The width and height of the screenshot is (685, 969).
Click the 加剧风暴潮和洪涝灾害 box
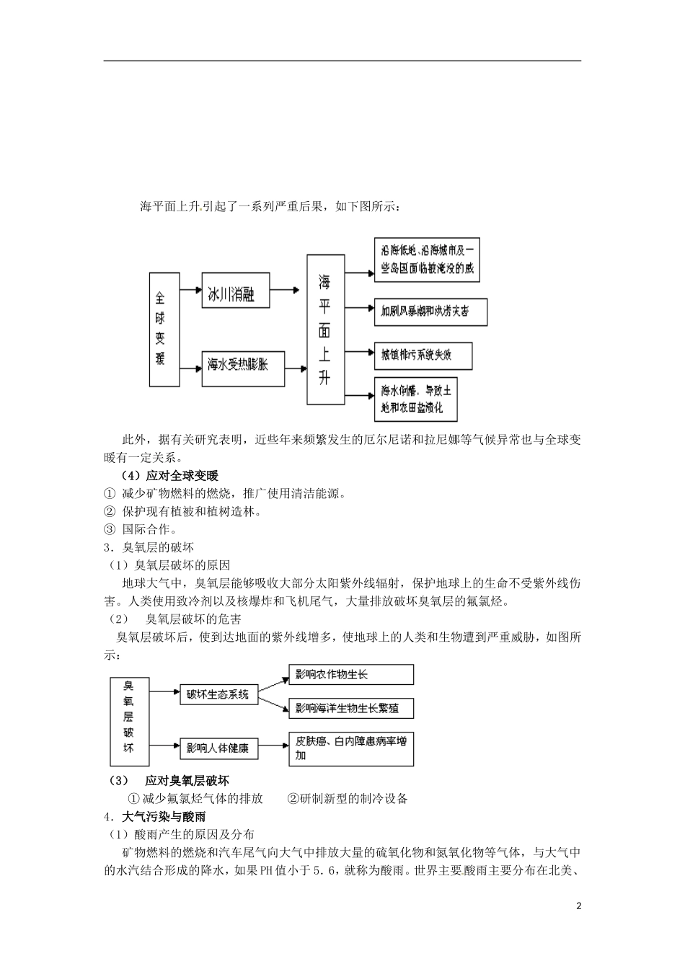click(430, 312)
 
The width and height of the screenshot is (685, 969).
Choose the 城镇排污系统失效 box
click(423, 355)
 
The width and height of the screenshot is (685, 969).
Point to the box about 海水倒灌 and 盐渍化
click(416, 399)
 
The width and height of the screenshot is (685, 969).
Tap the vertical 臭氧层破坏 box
click(128, 720)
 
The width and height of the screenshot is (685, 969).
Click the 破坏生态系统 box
click(218, 694)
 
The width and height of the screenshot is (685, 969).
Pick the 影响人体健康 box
click(217, 748)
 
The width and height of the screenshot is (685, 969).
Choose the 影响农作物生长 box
click(351, 675)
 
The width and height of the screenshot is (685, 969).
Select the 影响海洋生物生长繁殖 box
click(351, 708)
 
